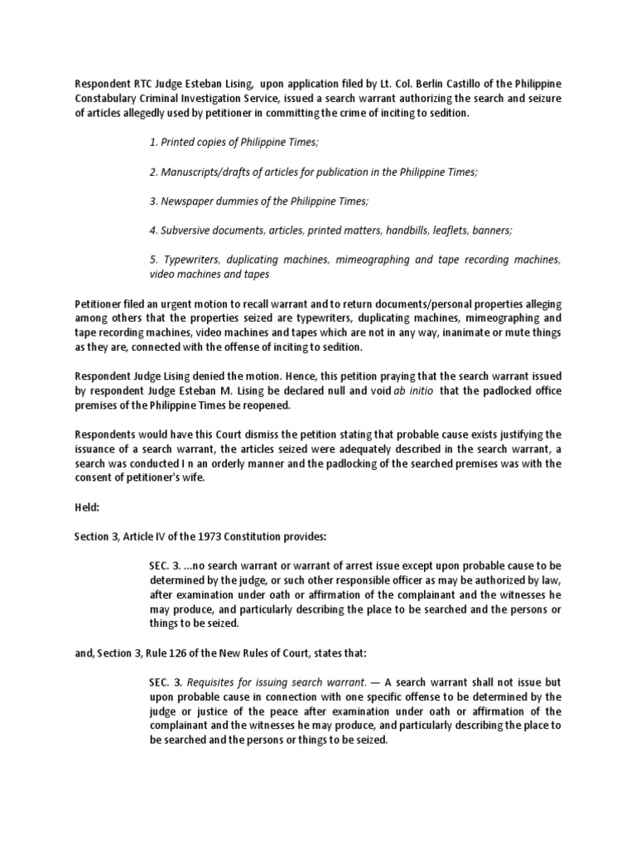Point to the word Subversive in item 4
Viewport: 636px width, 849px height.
tap(189, 230)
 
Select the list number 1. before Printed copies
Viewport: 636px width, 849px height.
tap(154, 142)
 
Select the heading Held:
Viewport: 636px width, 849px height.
tap(89, 507)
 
